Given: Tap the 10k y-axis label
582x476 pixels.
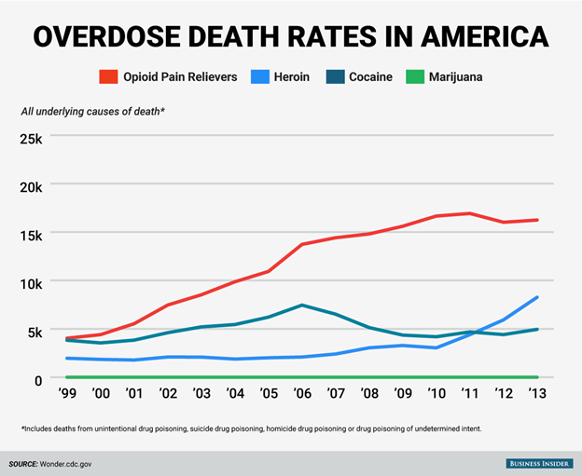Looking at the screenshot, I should pos(38,282).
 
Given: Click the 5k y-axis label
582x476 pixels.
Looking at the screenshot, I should pos(42,331).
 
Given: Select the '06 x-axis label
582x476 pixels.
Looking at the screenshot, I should pos(302,394).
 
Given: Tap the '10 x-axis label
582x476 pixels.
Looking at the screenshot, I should pos(436,394).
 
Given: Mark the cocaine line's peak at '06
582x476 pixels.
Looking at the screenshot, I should pos(302,306).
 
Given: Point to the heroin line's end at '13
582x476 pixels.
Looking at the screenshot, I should pos(537,297).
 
